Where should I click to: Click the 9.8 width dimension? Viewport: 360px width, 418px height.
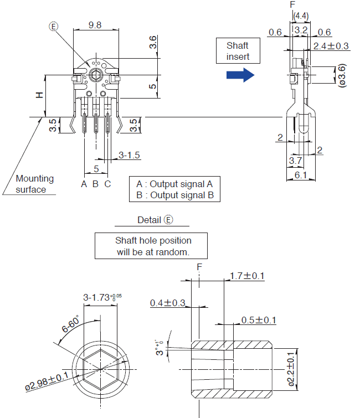click(x=95, y=24)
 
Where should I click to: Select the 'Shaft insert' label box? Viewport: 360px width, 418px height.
click(x=237, y=51)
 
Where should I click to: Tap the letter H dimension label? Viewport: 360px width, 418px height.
click(x=39, y=95)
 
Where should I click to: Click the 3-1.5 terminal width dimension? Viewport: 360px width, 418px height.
click(x=129, y=156)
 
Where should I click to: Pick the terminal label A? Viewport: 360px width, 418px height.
click(x=84, y=184)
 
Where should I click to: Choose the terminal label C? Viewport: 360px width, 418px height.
click(x=107, y=184)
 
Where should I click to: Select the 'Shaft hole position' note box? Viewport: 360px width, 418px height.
click(x=153, y=246)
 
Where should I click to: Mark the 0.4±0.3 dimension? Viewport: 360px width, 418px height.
click(x=167, y=303)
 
